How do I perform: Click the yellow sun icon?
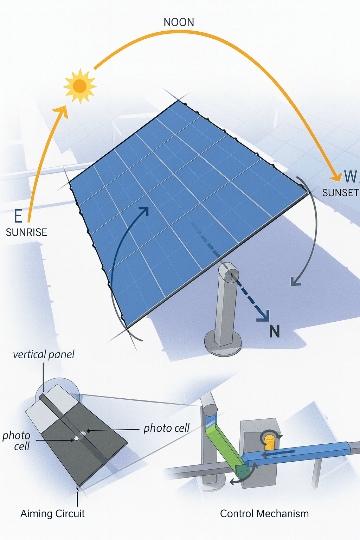click(x=79, y=86)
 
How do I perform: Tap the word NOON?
click(x=179, y=22)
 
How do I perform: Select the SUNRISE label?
click(x=26, y=232)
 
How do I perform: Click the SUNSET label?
click(x=340, y=193)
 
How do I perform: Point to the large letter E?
click(x=18, y=216)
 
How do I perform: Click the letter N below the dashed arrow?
click(x=275, y=332)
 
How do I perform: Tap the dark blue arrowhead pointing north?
click(x=264, y=315)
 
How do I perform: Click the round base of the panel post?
click(x=223, y=343)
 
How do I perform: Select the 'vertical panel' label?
click(x=44, y=354)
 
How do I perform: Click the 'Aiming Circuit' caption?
click(x=52, y=514)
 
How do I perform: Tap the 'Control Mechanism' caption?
click(x=264, y=514)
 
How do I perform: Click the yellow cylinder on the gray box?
click(x=269, y=442)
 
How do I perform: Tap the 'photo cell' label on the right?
click(x=166, y=428)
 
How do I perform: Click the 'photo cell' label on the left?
click(x=17, y=441)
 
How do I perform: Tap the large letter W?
click(x=350, y=176)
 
